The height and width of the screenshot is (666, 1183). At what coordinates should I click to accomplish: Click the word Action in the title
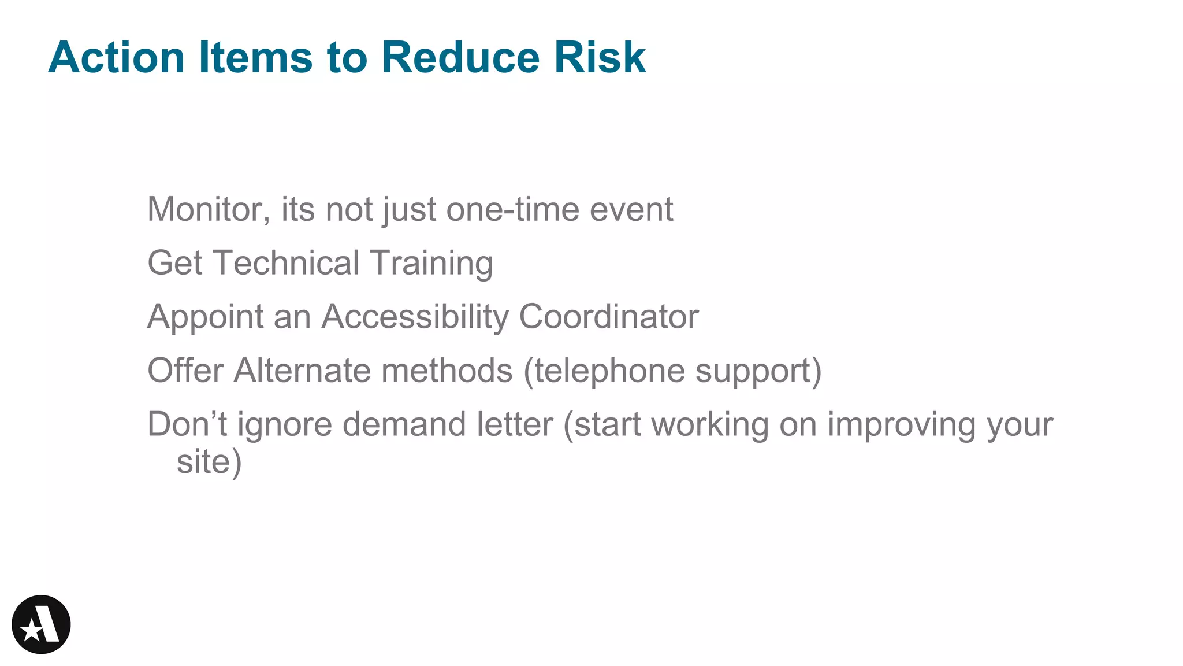click(116, 57)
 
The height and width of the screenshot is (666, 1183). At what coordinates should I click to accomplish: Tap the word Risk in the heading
click(600, 57)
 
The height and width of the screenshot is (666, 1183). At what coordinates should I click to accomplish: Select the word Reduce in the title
click(460, 57)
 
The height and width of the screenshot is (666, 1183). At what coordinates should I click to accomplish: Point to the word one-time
click(512, 209)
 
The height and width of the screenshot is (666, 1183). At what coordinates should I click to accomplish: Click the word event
click(631, 209)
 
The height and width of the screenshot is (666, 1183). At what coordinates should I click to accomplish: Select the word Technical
click(287, 263)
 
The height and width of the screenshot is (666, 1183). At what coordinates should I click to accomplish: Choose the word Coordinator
click(609, 317)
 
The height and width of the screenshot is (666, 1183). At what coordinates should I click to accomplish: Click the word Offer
click(185, 371)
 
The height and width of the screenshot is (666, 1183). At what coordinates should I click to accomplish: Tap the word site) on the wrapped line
click(209, 462)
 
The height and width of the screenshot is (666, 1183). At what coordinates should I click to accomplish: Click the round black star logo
click(41, 624)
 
